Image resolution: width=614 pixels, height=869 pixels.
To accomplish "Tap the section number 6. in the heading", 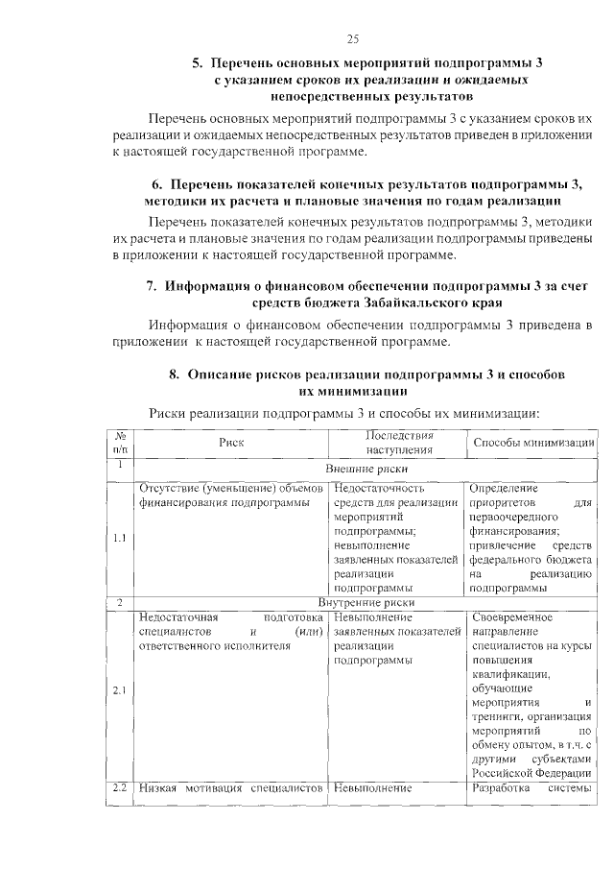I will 157,184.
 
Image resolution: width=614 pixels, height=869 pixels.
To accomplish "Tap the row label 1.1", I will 120,537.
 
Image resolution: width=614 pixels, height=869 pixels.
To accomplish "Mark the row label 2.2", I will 120,788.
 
